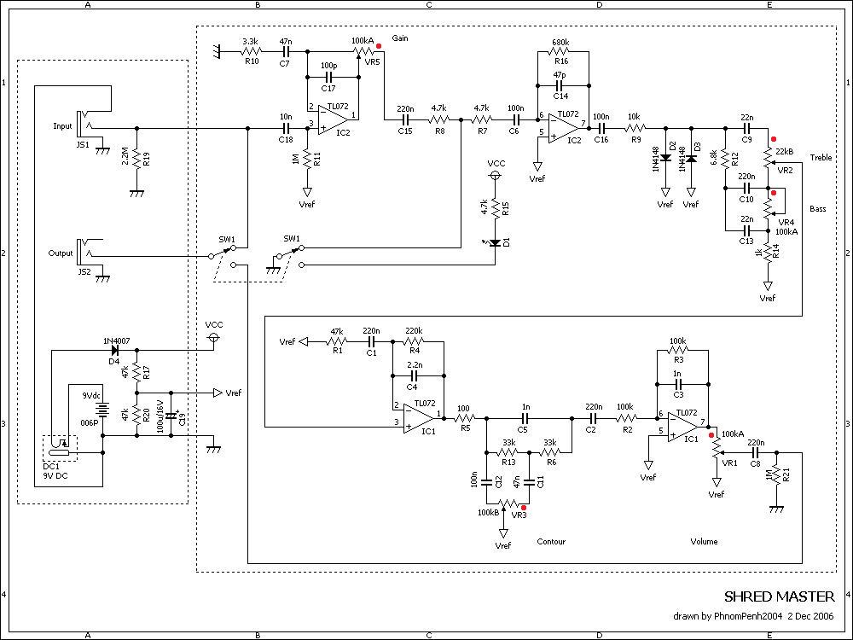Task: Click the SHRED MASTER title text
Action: coord(779,596)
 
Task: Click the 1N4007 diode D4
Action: coord(113,350)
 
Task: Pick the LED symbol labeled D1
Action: coord(495,243)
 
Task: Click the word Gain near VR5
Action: coord(400,39)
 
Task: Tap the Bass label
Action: coord(818,209)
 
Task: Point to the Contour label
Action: coord(551,542)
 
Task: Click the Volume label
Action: coord(704,542)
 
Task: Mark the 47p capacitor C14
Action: coord(560,86)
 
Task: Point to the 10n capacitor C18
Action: coord(286,129)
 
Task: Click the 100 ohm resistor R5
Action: coord(463,418)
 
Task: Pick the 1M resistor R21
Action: coord(775,474)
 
